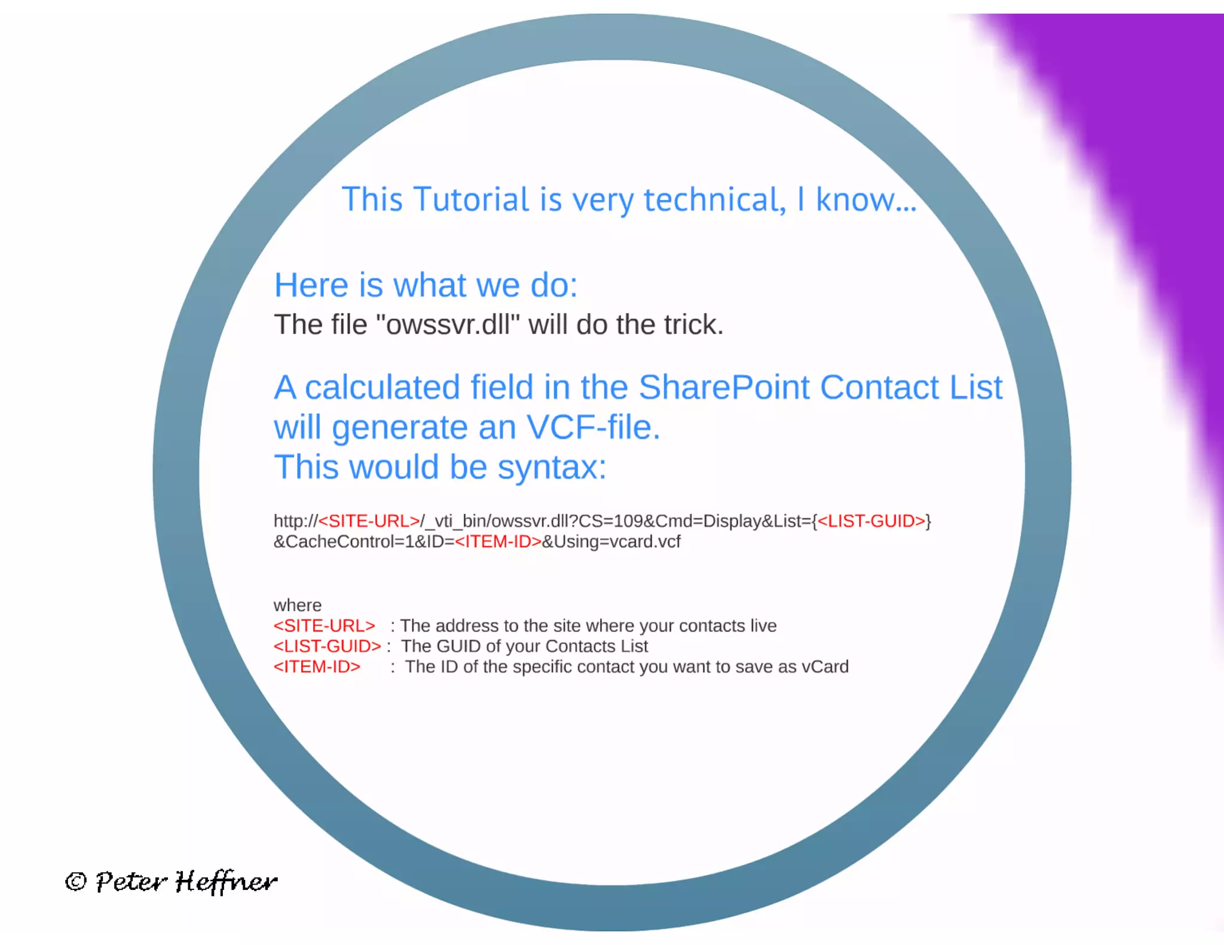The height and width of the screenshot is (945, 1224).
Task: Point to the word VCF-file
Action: [593, 428]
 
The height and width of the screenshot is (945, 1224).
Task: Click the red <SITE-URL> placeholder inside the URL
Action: [369, 521]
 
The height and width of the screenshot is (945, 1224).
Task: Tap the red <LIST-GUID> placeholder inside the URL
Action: [871, 521]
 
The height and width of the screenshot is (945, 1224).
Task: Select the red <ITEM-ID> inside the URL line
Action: [498, 542]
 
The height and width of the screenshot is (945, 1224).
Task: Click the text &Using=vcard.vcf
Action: [611, 542]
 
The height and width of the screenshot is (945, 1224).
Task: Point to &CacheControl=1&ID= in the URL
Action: [363, 542]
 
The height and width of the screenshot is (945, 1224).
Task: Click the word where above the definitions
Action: [297, 605]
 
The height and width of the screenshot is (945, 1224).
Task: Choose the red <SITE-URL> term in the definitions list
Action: [324, 626]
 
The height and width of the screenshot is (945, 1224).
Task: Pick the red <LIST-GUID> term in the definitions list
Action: [327, 646]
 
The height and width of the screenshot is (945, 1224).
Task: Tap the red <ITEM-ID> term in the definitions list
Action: [317, 667]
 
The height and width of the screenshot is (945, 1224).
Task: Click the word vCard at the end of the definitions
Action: [825, 667]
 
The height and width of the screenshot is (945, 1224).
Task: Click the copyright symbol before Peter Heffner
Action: [76, 882]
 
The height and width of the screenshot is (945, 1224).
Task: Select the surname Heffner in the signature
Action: [226, 882]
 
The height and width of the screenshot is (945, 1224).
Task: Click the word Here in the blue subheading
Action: [311, 286]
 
